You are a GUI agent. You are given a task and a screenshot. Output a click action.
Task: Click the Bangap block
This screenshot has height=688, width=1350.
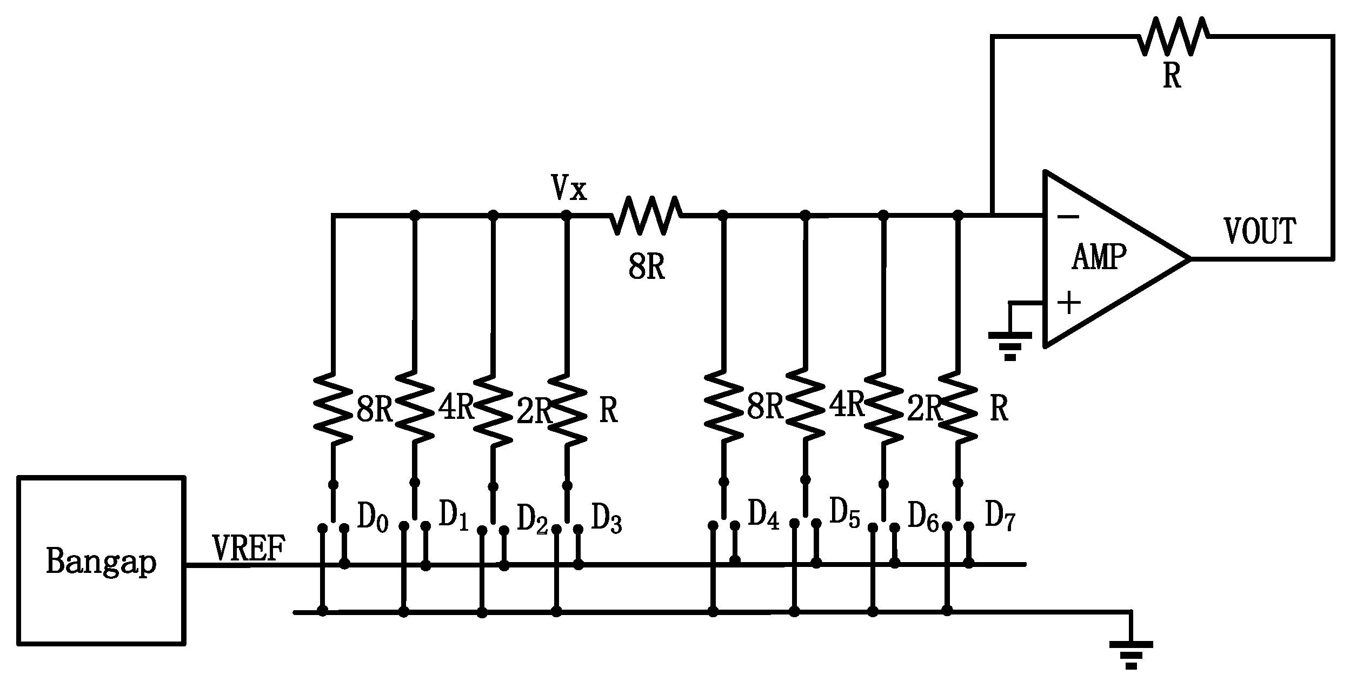point(101,560)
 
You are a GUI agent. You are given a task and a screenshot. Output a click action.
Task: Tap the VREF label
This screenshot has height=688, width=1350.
point(249,549)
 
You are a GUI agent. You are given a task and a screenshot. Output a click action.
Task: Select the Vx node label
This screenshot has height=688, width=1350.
point(569,188)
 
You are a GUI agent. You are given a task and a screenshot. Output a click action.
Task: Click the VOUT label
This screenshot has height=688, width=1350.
point(1259,231)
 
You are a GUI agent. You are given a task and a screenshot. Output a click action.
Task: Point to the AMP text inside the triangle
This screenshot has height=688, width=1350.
point(1099,257)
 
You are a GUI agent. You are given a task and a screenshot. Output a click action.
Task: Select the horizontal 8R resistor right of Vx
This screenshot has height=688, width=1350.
point(646,215)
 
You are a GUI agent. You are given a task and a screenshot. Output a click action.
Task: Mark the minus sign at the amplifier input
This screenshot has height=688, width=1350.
point(1068,217)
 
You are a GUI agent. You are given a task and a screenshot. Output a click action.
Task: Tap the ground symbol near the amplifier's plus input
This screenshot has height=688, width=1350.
point(1010,344)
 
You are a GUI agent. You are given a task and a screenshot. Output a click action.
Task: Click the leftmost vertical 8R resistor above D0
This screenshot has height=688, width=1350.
point(333,408)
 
